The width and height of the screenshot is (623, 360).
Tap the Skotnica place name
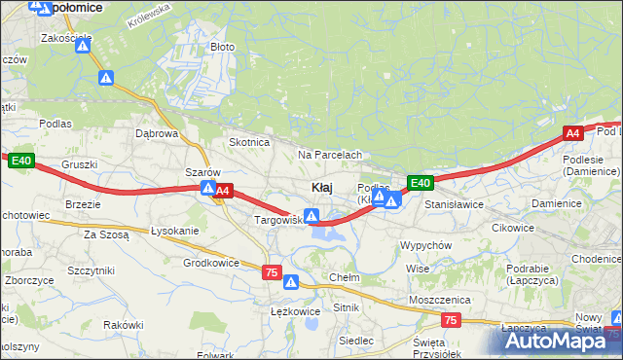click(248, 142)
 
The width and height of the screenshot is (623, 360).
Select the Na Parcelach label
click(330, 155)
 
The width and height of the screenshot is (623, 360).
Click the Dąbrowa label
click(157, 133)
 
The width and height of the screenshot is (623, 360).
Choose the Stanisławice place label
click(455, 205)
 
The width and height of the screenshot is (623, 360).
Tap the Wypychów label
click(425, 245)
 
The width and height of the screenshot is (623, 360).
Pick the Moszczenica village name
click(439, 300)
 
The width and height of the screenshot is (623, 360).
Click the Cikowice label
click(513, 228)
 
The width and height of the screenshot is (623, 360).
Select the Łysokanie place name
click(175, 231)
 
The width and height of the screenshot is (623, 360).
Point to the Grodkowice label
click(211, 263)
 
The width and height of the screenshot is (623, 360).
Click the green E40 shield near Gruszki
click(22, 162)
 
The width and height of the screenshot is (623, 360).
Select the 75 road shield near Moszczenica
click(450, 319)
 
